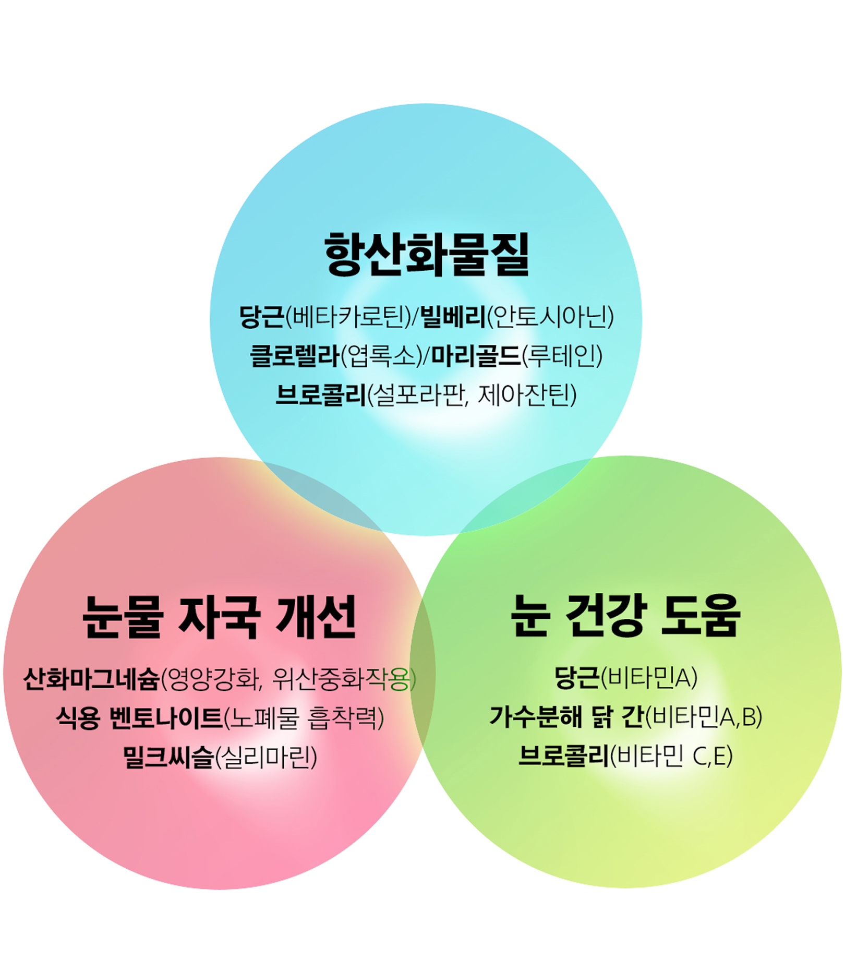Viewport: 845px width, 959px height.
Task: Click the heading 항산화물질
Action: pyautogui.click(x=427, y=254)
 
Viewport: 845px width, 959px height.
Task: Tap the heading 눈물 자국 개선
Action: pyautogui.click(x=219, y=617)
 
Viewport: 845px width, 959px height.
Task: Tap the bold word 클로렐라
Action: pyautogui.click(x=295, y=356)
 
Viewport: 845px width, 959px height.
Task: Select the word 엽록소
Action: pyautogui.click(x=381, y=356)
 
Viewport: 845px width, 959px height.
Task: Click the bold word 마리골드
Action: pyautogui.click(x=476, y=356)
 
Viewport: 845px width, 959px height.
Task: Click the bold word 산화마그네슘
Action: pyautogui.click(x=91, y=679)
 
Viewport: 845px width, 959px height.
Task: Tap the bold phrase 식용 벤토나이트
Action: pyautogui.click(x=139, y=718)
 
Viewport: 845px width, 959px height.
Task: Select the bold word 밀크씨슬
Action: pyautogui.click(x=168, y=757)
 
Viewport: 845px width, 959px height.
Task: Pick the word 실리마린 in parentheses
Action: pyautogui.click(x=265, y=757)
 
